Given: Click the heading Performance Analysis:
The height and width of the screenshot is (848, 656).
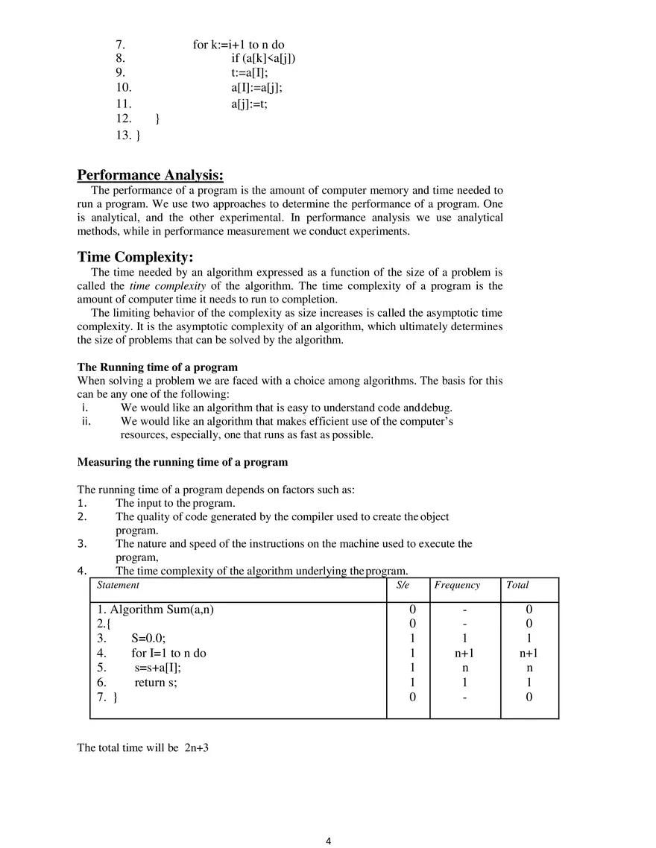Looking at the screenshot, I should [150, 175].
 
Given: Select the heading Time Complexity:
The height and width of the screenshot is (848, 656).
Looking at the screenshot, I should [135, 257].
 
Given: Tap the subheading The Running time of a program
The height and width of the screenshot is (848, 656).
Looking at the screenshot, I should [157, 367].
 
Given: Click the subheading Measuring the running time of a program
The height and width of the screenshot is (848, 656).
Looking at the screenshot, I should [182, 462].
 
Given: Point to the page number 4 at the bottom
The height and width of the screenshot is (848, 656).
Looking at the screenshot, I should [328, 841].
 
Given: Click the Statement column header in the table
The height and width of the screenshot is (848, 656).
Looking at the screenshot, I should [118, 586].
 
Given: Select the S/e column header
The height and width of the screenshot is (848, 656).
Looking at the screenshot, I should [403, 586].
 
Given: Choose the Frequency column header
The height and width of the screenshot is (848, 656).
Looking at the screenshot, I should [457, 586].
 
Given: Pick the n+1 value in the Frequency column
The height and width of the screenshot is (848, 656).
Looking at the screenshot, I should [464, 654].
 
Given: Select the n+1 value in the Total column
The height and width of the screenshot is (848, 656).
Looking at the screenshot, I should [529, 654].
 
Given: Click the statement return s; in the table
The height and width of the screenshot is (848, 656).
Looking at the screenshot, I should [156, 683].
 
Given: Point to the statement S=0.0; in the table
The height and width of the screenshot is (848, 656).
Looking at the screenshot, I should [148, 639].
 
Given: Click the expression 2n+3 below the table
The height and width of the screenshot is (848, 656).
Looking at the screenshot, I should [196, 747].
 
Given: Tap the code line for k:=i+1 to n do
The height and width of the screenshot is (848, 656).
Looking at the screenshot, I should [239, 45].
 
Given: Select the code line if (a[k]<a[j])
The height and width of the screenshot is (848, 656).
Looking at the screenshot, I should [263, 59].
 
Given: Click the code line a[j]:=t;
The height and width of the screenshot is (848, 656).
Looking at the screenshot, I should [249, 104].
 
